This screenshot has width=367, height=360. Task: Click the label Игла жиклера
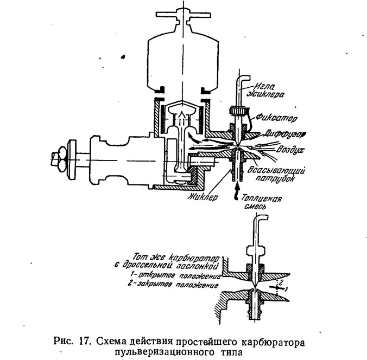click(266, 91)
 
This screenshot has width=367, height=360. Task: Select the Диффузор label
click(285, 134)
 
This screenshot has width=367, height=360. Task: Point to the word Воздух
click(290, 149)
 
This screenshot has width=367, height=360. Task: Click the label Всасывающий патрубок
click(276, 174)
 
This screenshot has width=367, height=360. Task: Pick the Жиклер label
click(203, 197)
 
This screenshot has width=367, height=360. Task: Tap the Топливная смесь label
click(260, 202)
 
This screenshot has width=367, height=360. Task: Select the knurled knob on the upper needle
click(237, 110)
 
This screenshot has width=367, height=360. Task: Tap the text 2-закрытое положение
click(174, 285)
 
